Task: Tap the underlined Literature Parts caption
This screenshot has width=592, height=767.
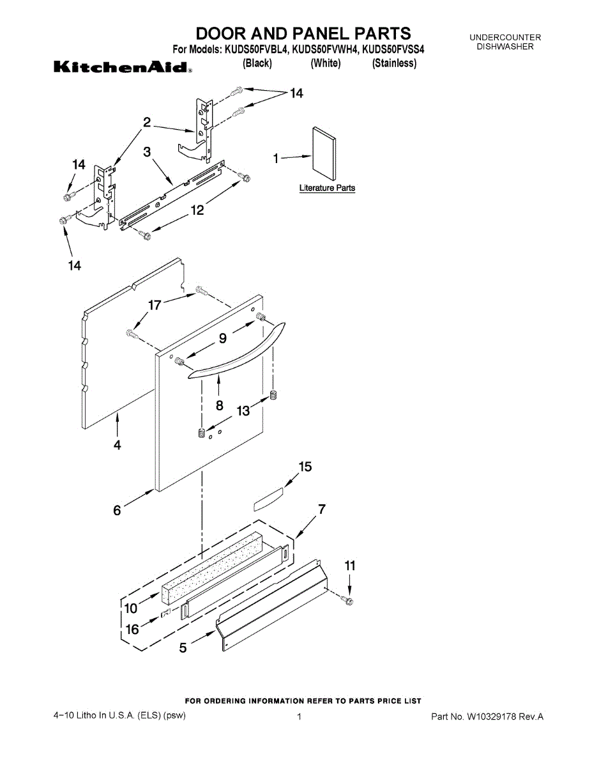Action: coord(327,189)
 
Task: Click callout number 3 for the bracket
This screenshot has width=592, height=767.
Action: coord(147,152)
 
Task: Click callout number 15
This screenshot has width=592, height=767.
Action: coord(305,467)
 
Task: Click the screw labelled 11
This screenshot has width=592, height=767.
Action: coord(348,601)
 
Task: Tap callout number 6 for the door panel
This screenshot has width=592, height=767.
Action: coord(118,510)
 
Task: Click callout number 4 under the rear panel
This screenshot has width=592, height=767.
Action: coord(117,445)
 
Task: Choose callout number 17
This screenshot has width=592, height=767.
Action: coord(155,306)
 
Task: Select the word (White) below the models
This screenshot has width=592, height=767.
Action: coord(325,63)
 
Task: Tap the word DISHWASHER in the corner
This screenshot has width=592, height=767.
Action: coord(505,47)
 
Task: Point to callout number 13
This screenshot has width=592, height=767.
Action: coord(243,412)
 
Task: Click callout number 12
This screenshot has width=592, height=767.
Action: coord(197,210)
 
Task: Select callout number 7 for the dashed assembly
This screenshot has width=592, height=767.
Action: coord(322,509)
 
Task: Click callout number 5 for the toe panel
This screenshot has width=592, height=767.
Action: coord(183,648)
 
